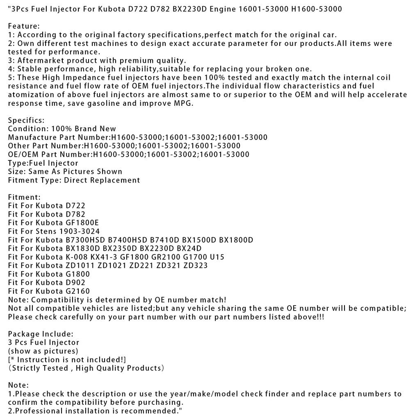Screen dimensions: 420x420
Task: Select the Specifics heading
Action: [26, 120]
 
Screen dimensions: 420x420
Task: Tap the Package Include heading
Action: [41, 334]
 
